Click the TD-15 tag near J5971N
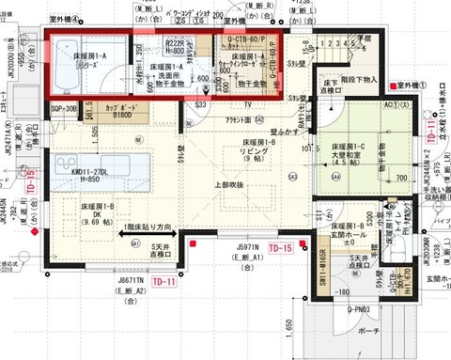click(281, 247)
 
